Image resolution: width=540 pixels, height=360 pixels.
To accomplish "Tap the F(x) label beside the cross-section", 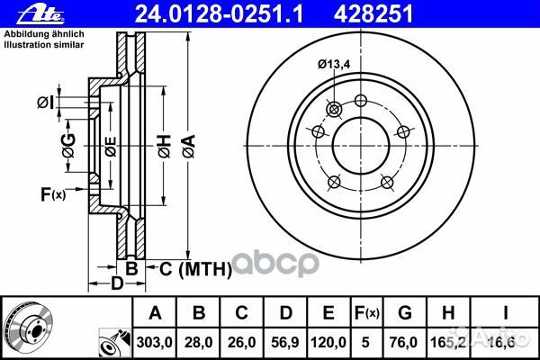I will [x=53, y=194].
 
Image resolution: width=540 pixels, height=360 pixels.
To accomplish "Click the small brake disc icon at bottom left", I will [x=25, y=328].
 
